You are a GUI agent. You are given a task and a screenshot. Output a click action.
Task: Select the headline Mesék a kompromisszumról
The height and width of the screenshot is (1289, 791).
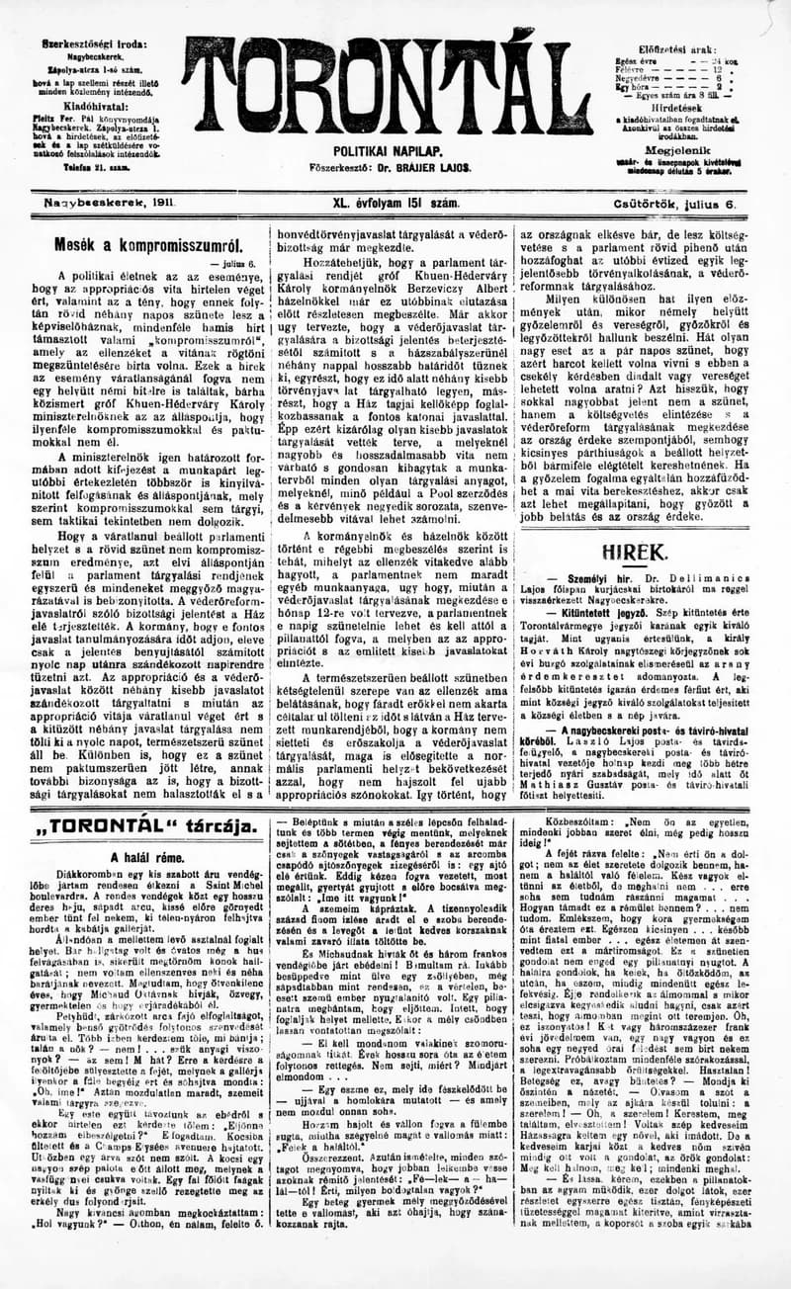pos(147,242)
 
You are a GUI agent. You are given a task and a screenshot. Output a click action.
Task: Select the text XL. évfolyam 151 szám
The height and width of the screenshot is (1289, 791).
pos(395,203)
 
